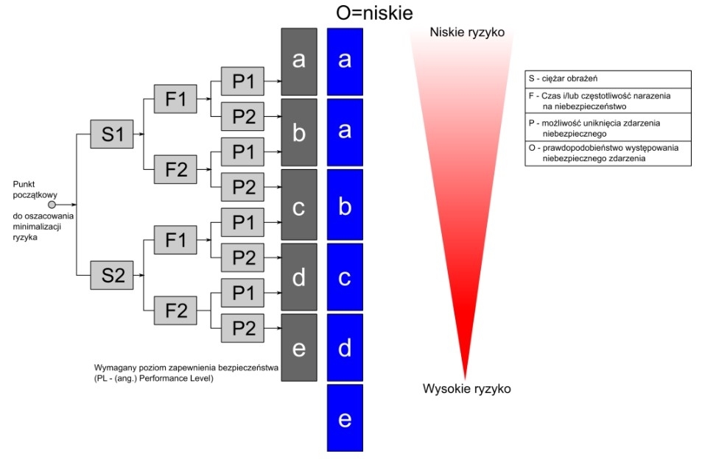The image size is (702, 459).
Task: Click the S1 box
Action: tap(112, 134)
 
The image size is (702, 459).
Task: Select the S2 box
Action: tap(112, 275)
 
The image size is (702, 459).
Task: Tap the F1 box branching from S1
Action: tap(175, 99)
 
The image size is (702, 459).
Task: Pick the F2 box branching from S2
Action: tap(175, 310)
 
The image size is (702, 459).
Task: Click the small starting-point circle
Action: tap(52, 204)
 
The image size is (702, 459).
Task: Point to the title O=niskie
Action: tap(374, 13)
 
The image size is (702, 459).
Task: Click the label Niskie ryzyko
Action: tap(467, 32)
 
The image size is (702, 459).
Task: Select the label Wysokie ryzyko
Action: tap(466, 388)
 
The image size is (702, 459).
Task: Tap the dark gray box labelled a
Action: tap(299, 62)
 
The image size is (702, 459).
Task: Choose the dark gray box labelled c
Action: tap(299, 204)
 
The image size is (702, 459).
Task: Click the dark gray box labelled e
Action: tap(299, 348)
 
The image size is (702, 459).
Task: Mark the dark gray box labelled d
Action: tap(299, 277)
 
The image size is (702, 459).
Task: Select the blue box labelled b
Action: tap(345, 204)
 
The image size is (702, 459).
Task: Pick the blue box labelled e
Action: tap(345, 418)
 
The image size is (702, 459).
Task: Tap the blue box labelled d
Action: tap(345, 348)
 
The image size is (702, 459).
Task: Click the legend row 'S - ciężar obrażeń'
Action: tap(608, 79)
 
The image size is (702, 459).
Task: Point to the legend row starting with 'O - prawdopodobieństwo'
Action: tap(608, 153)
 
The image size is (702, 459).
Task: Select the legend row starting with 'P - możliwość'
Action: tap(608, 128)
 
